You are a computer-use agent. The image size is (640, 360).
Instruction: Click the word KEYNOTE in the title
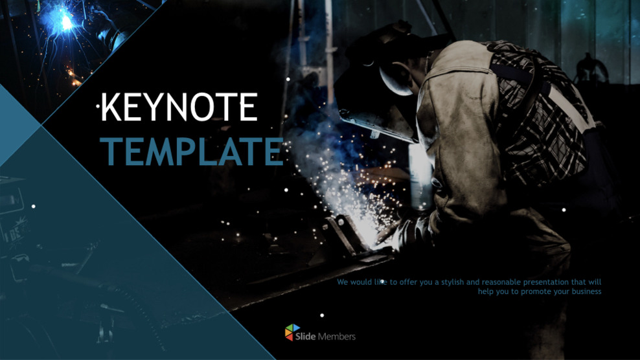point(180,107)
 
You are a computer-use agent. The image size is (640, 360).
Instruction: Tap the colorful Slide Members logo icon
point(293,332)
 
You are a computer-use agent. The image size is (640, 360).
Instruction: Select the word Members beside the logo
point(338,337)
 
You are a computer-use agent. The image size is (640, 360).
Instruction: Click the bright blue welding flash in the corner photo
point(65,22)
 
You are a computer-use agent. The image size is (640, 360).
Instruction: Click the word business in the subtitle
point(586,291)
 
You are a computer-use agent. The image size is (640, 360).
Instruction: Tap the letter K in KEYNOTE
point(113,107)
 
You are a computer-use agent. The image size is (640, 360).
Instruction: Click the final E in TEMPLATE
point(272,151)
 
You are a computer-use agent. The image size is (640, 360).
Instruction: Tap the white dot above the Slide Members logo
point(322,316)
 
